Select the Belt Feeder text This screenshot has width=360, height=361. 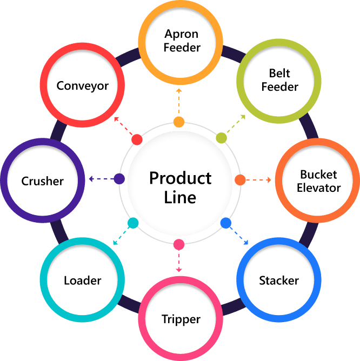pos(279,80)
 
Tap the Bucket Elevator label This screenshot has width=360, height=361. pos(319,181)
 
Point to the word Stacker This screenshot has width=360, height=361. pos(279,280)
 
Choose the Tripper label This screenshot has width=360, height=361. pos(181,319)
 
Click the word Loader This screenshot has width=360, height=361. pos(82,280)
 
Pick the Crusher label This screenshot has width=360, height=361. pos(43,181)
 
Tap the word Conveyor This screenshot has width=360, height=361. pos(83,85)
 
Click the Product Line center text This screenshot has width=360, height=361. pos(181,187)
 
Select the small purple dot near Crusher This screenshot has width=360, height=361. pos(119,179)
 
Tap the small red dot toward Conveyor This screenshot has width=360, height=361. pos(137,140)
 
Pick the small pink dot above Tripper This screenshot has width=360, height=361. pos(179,245)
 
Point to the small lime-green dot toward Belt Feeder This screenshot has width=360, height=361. pos(221,138)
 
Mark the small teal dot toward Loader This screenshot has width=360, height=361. pos(133,223)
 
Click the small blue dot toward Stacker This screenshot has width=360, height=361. pos(226,222)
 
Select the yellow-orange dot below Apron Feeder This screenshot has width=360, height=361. pos(179,122)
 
